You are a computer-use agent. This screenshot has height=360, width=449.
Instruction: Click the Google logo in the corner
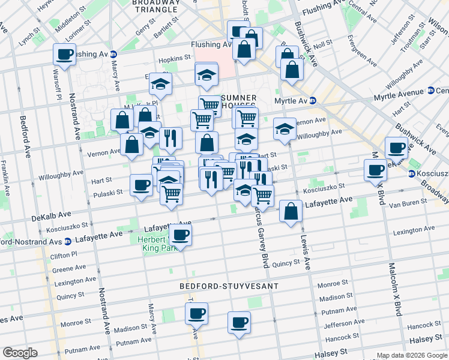click(20, 353)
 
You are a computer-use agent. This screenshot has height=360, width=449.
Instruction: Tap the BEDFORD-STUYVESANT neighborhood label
click(230, 286)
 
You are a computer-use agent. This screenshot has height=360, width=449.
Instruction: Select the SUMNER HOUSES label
click(239, 102)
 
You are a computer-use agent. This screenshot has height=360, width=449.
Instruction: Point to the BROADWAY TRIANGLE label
click(156, 6)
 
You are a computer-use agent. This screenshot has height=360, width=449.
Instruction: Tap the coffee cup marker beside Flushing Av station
click(64, 55)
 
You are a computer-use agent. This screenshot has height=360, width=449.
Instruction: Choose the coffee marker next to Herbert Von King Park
click(180, 235)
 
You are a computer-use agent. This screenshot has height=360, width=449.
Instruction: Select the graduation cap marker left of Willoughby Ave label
click(285, 128)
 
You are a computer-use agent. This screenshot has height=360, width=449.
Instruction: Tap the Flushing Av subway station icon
click(113, 54)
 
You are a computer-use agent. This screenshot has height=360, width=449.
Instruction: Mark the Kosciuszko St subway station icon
click(412, 174)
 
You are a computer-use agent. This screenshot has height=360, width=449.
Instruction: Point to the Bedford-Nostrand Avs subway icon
click(68, 241)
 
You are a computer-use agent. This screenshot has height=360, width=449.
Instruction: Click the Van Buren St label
click(407, 204)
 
